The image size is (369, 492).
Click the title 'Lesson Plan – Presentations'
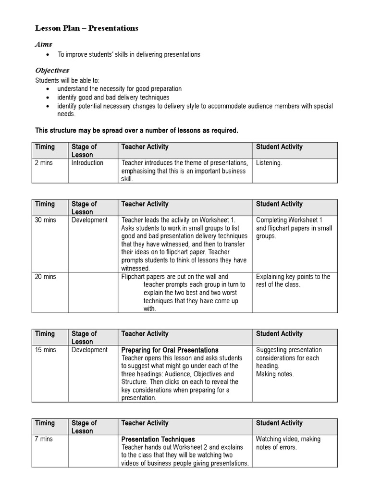point(86,28)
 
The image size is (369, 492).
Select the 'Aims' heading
point(43,44)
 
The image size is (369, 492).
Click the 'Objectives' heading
point(52,70)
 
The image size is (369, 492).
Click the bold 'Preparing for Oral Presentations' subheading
point(170,350)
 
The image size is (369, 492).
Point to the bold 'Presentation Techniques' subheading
point(158,439)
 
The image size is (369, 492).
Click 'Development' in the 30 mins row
point(89,220)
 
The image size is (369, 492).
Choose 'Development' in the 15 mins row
point(89,350)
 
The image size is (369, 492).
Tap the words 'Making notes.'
point(275,374)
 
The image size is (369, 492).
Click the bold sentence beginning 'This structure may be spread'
point(137,130)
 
